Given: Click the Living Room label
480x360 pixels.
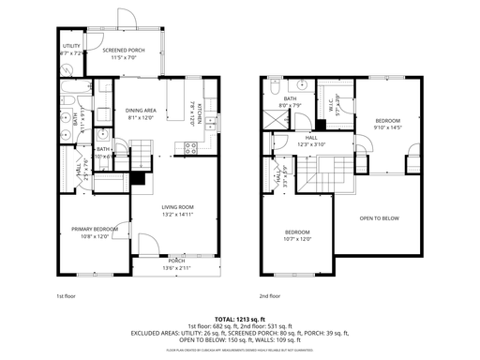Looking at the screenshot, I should coord(177,211).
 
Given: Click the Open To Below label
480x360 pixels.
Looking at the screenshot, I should coord(379,218).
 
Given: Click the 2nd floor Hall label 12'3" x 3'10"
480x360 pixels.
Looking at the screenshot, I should coord(308,141).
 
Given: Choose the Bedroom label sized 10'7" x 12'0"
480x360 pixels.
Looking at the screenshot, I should coord(298,234).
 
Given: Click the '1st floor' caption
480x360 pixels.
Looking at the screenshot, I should coord(66,296).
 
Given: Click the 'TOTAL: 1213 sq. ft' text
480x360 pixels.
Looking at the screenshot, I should coord(239,319).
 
